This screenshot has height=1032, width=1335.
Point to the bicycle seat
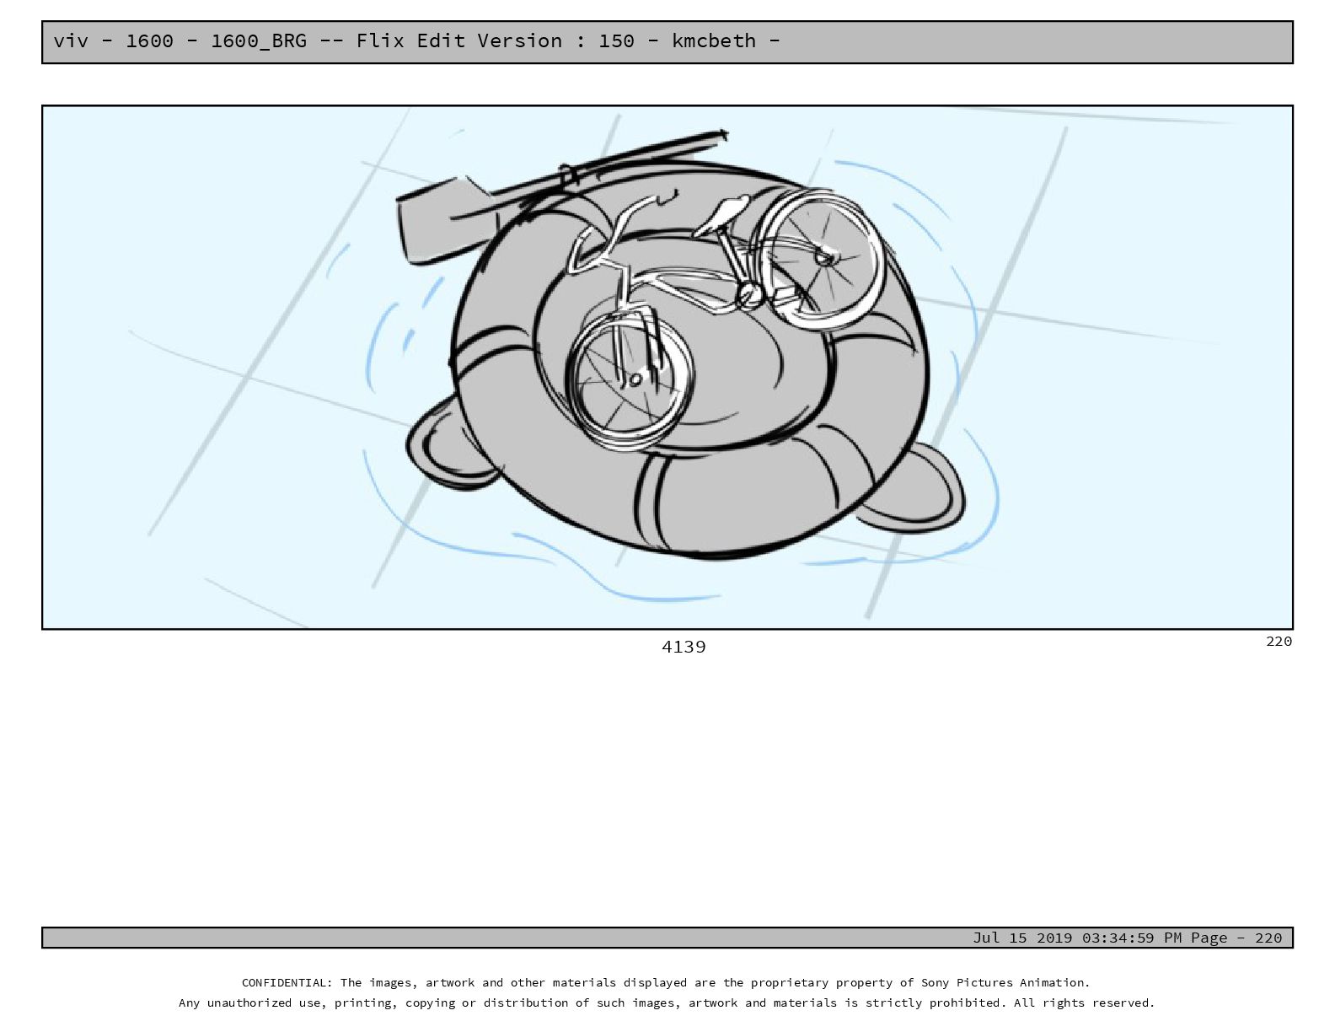point(725,212)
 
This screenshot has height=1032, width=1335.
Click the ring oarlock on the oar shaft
point(567,175)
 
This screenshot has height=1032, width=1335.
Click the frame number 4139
point(684,647)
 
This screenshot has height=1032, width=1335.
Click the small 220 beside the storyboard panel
point(1279,641)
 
